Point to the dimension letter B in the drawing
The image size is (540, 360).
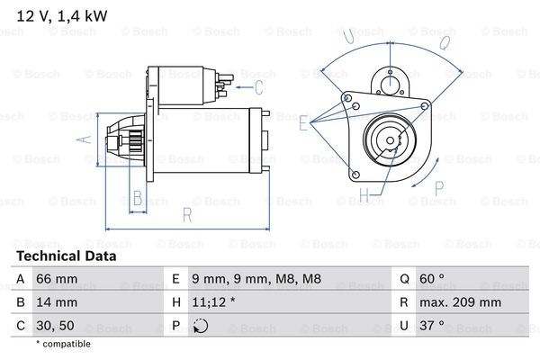[138, 199]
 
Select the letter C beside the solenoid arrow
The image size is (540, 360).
[259, 87]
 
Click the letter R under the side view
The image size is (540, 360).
[185, 215]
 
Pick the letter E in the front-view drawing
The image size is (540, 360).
[304, 126]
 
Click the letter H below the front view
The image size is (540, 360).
[365, 194]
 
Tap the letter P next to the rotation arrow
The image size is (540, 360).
[439, 187]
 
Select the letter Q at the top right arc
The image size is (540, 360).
[445, 41]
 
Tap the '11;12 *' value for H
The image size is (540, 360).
[213, 303]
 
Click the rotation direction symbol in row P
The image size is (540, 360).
[199, 326]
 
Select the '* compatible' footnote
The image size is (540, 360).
[64, 345]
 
